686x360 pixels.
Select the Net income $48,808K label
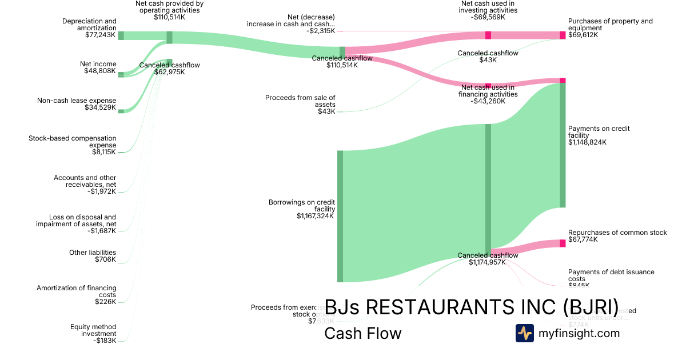coord(98,68)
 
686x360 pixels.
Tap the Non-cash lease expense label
coord(77,104)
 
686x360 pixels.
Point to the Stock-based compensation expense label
coord(72,145)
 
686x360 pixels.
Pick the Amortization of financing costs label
coord(76,295)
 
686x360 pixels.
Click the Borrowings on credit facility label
coord(301,209)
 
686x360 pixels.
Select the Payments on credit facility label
coord(599,135)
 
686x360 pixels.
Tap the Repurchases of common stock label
coord(617,236)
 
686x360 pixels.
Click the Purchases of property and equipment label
coord(610,28)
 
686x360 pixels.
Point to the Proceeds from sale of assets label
coord(300,105)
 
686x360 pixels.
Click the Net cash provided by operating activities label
coord(170,10)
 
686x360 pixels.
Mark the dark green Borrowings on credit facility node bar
coord(340,216)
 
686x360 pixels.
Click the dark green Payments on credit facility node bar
coord(563,145)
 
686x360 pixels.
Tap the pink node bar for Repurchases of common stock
coord(563,243)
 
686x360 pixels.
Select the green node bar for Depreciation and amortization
coord(121,35)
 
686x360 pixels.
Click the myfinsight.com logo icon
coord(524,333)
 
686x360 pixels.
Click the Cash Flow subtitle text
coord(362,333)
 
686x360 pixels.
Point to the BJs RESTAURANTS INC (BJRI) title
coord(472,307)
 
